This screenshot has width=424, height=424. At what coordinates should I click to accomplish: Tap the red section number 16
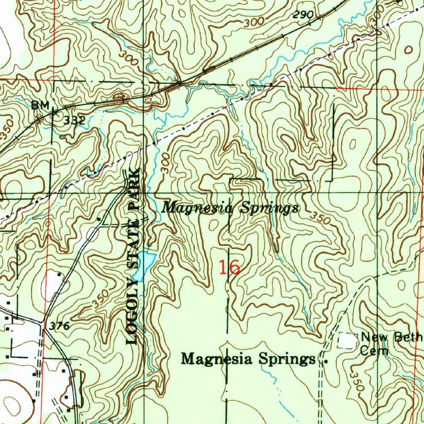pyautogui.click(x=229, y=267)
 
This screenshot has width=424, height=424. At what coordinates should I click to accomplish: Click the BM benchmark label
pyautogui.click(x=41, y=106)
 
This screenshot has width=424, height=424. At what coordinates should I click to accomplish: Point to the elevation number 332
pyautogui.click(x=75, y=121)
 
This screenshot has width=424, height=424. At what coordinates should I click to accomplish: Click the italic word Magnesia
pyautogui.click(x=195, y=207)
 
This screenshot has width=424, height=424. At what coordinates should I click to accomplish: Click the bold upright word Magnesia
pyautogui.click(x=218, y=359)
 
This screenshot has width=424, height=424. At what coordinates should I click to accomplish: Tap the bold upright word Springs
pyautogui.click(x=287, y=359)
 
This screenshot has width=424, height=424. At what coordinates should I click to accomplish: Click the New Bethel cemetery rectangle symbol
pyautogui.click(x=348, y=340)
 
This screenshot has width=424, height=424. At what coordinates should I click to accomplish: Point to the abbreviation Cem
pyautogui.click(x=374, y=352)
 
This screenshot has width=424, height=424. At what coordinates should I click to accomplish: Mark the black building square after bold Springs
pyautogui.click(x=325, y=361)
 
